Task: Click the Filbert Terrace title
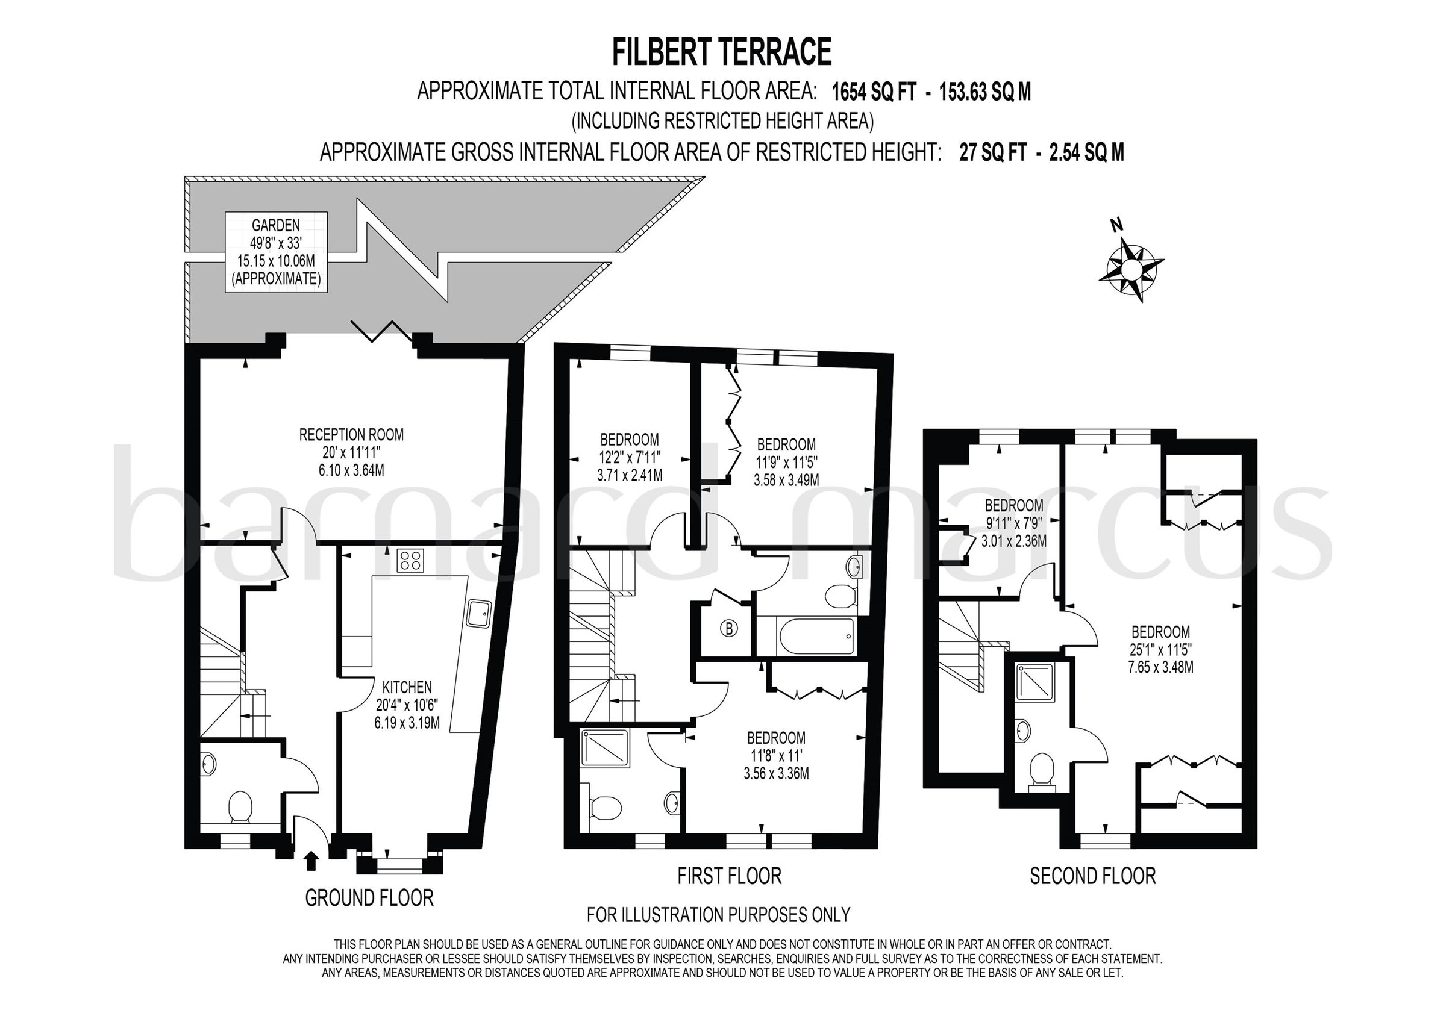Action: coord(722,52)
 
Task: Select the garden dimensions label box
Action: coord(276,252)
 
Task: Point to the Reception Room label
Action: coord(351,452)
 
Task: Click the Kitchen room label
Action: coord(407,704)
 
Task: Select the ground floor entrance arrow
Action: coord(310,861)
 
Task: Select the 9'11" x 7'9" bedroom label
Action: coord(1013,523)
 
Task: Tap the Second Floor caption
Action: coord(1093,876)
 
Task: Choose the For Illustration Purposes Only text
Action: coord(718,914)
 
